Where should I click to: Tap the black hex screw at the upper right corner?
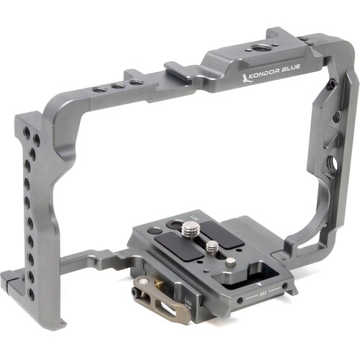pyautogui.click(x=330, y=84)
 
